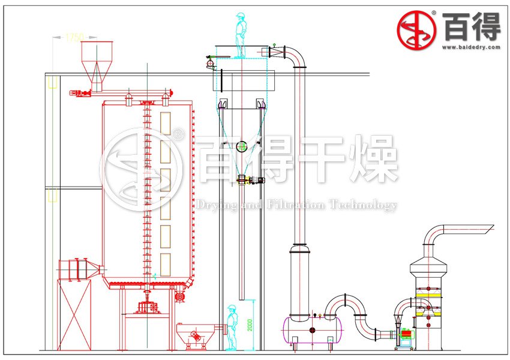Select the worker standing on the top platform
[241, 35]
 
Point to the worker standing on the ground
[231, 327]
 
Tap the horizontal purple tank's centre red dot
[312, 331]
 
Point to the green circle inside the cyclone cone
[241, 146]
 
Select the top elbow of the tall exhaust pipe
[296, 55]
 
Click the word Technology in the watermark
[366, 205]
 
